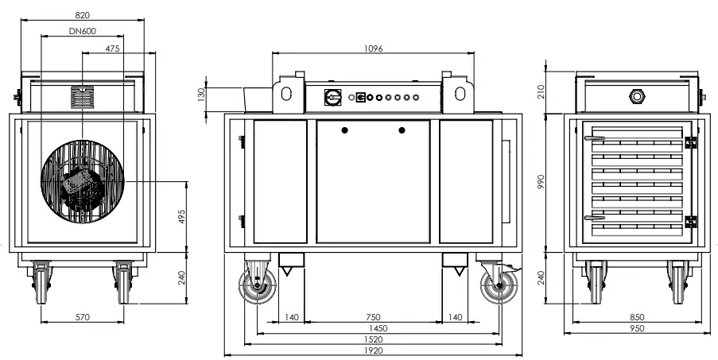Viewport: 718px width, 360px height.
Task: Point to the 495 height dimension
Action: click(181, 216)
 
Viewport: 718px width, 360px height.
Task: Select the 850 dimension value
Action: click(636, 317)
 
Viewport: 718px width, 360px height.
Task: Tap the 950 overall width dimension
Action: click(636, 328)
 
